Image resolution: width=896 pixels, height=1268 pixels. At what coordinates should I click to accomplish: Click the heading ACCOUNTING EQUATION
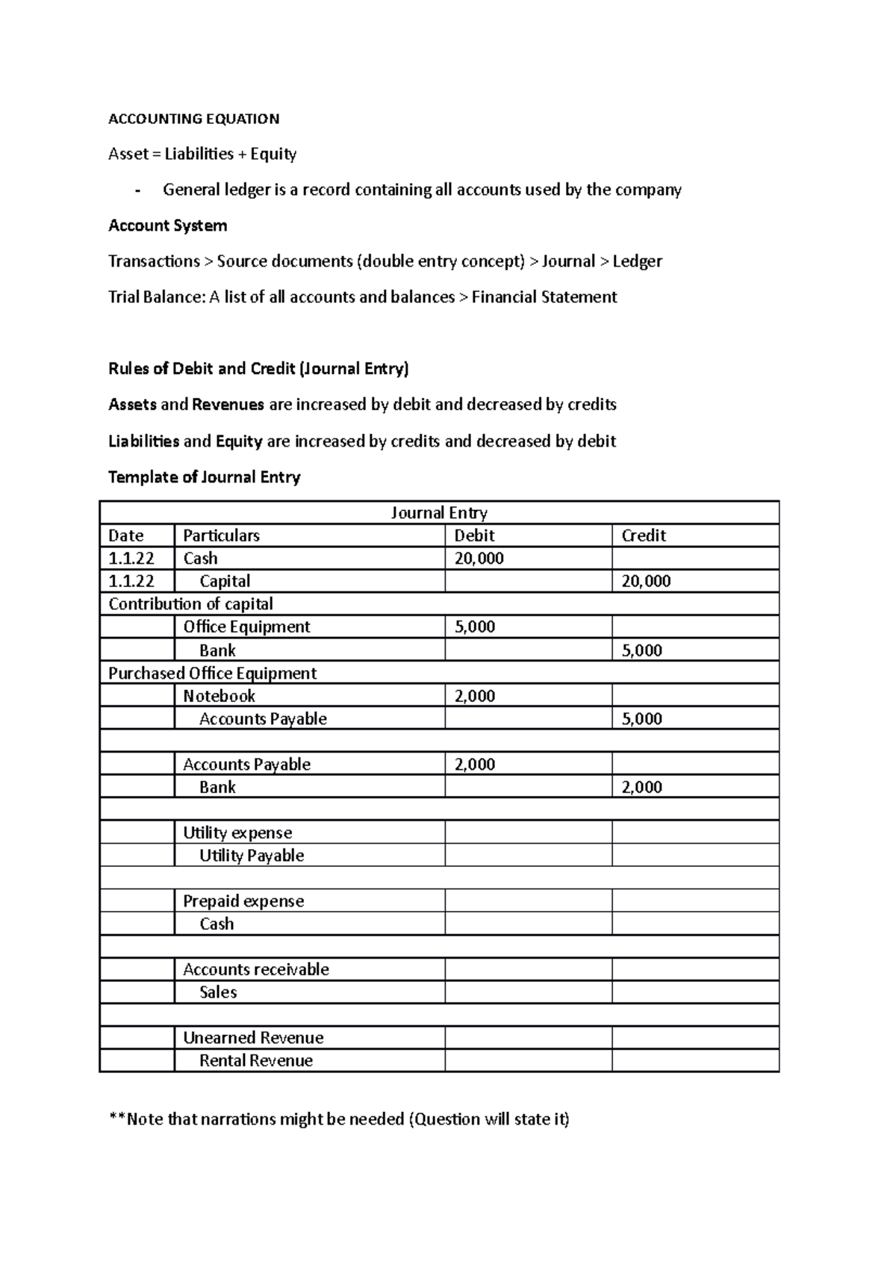[193, 119]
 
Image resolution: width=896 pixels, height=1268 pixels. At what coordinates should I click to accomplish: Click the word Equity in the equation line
[273, 154]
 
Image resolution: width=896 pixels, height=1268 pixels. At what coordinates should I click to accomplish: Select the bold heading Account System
[167, 226]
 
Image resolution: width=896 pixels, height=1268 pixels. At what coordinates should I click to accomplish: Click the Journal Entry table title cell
[439, 513]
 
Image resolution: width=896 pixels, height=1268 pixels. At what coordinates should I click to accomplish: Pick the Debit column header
[474, 535]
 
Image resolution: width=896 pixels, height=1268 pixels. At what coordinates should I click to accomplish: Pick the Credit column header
[643, 535]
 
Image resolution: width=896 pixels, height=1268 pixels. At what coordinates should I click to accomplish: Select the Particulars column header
[221, 535]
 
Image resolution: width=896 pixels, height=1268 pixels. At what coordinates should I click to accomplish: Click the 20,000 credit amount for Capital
[646, 581]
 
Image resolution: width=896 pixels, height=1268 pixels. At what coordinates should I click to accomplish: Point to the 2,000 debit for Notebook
[475, 696]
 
